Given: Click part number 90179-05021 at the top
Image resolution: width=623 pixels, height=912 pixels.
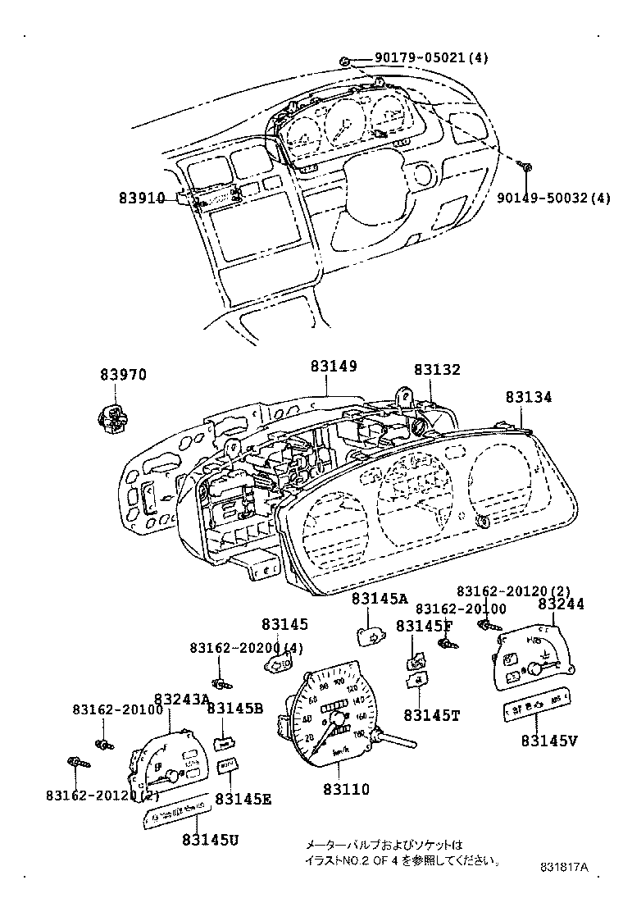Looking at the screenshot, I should click(x=421, y=58).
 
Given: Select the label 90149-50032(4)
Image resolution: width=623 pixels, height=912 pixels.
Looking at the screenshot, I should click(x=553, y=198).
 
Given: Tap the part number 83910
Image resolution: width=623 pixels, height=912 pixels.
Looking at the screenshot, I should click(x=142, y=198).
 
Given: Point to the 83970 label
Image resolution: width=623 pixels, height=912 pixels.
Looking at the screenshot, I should click(x=123, y=375).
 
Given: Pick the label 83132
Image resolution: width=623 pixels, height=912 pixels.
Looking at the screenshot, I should click(x=436, y=371).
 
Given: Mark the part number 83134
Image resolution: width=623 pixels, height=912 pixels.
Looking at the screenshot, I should click(x=528, y=397).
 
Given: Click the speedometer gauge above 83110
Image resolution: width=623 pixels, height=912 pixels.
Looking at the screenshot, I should click(x=331, y=712).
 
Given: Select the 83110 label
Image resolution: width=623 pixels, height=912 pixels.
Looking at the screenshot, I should click(x=345, y=790).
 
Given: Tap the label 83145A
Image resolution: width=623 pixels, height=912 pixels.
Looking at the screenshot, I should click(x=380, y=599).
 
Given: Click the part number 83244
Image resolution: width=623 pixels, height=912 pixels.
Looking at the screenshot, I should click(x=561, y=604).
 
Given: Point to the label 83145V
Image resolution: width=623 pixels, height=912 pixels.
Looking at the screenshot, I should click(x=548, y=741).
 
